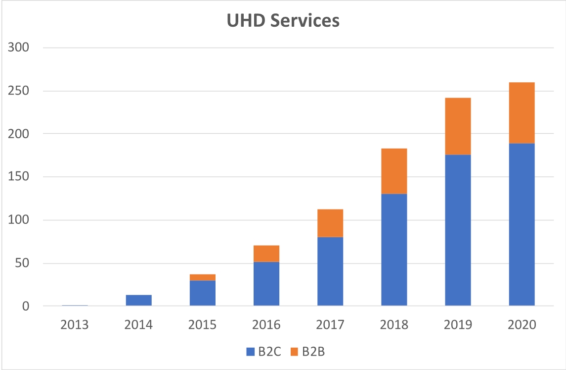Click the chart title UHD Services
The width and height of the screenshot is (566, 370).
283,21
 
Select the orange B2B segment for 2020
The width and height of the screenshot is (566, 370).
522,113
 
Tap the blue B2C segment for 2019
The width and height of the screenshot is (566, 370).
458,230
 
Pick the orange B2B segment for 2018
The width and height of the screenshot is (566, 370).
394,171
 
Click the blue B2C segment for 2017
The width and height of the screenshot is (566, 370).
330,271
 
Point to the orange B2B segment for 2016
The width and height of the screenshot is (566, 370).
266,254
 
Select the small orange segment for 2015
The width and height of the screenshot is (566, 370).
203,277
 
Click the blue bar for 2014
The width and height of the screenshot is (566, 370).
139,300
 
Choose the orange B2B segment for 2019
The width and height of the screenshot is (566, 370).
458,126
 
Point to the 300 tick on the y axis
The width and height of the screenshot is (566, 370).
19,48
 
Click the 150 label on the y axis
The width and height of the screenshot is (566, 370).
19,177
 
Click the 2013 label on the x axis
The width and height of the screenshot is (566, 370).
75,325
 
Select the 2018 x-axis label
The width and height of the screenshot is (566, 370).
394,325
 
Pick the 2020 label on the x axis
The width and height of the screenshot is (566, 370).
522,325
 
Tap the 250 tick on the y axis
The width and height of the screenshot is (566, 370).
19,91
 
